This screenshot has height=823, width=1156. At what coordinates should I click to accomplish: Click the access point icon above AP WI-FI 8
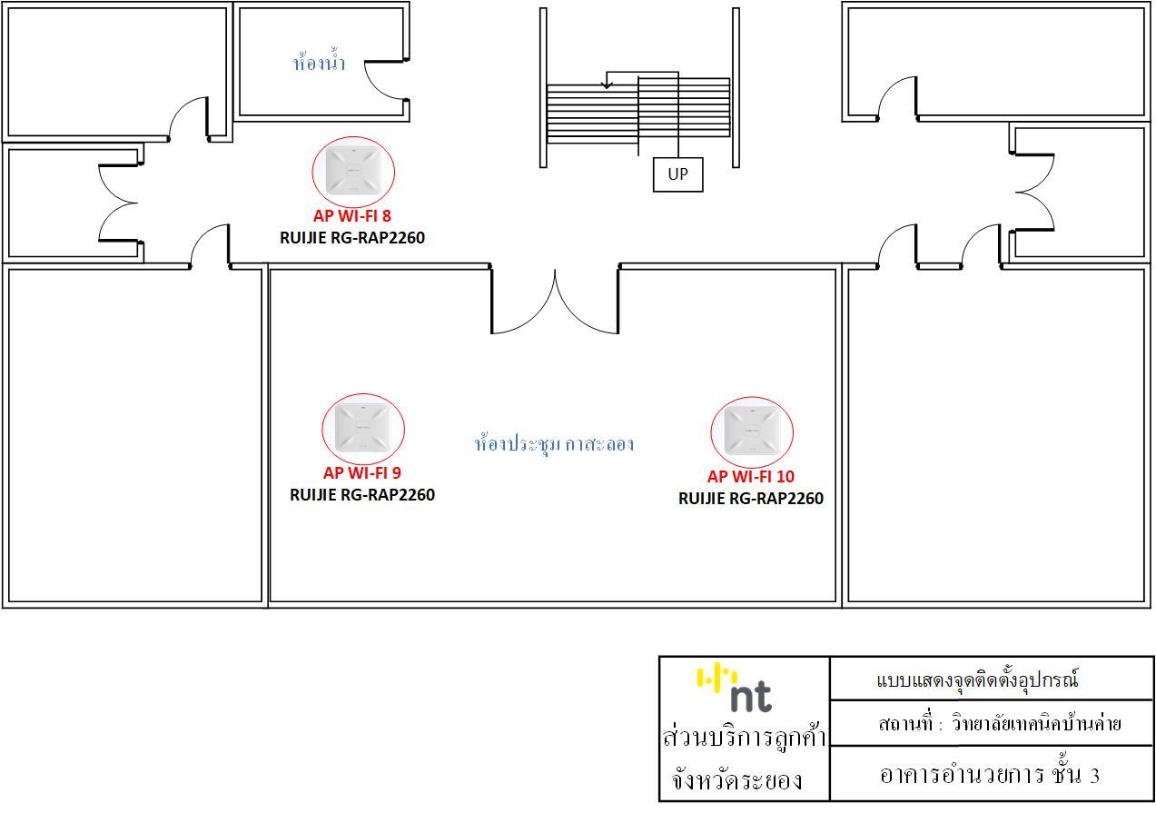[353, 171]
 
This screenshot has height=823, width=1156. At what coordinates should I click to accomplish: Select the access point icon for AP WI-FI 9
[363, 428]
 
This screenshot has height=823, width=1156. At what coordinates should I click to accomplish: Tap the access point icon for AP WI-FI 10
[752, 431]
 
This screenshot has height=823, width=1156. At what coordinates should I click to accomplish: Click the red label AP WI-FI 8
[352, 216]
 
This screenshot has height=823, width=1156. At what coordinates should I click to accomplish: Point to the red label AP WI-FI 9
[362, 472]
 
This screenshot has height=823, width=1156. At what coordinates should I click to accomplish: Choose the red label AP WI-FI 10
[751, 476]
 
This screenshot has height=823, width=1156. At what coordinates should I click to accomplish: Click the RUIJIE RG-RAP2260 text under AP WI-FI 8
[352, 237]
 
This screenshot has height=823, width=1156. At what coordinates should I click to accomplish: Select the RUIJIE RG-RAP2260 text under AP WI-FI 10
[751, 498]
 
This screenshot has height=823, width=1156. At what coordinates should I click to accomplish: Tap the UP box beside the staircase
[678, 174]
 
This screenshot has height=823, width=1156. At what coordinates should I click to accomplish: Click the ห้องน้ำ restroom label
[319, 62]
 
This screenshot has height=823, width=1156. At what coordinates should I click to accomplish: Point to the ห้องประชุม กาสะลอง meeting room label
[554, 443]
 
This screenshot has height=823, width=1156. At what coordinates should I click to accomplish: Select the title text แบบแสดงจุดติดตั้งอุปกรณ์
[977, 679]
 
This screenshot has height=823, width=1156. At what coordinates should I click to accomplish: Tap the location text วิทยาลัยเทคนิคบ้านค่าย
[1036, 723]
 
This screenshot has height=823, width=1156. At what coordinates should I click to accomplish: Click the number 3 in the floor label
[1094, 776]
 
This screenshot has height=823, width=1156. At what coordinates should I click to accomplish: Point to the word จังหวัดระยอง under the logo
[737, 779]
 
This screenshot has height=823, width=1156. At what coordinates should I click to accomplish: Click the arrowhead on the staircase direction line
[608, 84]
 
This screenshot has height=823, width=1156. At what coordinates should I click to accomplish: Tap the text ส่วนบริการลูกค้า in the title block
[745, 737]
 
